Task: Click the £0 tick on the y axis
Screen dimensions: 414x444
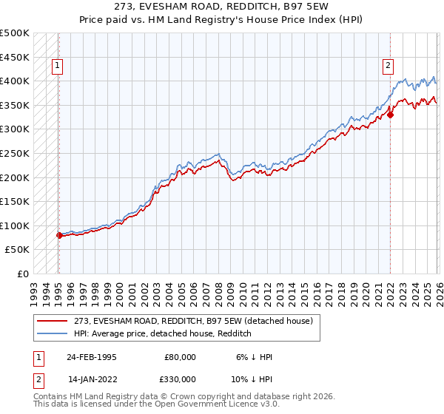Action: (22, 274)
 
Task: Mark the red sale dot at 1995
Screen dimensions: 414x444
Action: (59, 235)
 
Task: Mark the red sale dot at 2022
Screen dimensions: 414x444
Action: (390, 114)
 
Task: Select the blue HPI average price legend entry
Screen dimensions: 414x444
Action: (162, 333)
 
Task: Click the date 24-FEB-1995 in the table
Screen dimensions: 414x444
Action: (91, 356)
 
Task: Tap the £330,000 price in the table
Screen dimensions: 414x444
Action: (180, 379)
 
